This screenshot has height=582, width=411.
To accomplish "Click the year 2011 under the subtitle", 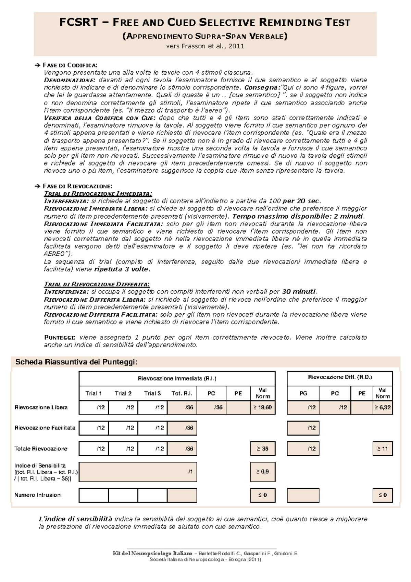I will click(x=236, y=46).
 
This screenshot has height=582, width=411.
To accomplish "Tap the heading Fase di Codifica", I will click(x=70, y=65).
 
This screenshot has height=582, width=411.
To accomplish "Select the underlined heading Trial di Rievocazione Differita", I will click(x=97, y=284).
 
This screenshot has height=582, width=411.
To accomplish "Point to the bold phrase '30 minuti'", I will click(x=298, y=292).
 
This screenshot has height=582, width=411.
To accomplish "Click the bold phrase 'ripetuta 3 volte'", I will click(x=121, y=269).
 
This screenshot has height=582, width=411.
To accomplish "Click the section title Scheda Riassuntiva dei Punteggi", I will click(x=76, y=362).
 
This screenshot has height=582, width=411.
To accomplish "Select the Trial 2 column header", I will click(x=123, y=393).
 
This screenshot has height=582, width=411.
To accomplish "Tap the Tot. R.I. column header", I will click(x=182, y=393).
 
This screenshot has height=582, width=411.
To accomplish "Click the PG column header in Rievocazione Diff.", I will click(x=303, y=393).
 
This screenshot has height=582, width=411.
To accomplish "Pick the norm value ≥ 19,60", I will click(x=262, y=407).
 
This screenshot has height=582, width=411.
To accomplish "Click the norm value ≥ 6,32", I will click(x=382, y=407).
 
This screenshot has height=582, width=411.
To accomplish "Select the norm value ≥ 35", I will click(x=262, y=448).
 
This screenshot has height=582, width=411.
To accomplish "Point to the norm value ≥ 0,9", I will click(x=262, y=472).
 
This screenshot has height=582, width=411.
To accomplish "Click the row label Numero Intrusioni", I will click(x=38, y=495).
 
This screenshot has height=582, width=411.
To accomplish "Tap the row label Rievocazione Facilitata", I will click(x=45, y=428).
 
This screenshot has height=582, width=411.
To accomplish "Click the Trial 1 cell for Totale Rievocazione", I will click(x=94, y=448).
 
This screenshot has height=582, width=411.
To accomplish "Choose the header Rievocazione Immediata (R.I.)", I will click(x=177, y=378).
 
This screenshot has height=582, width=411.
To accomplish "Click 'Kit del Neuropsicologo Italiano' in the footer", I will click(x=153, y=553).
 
